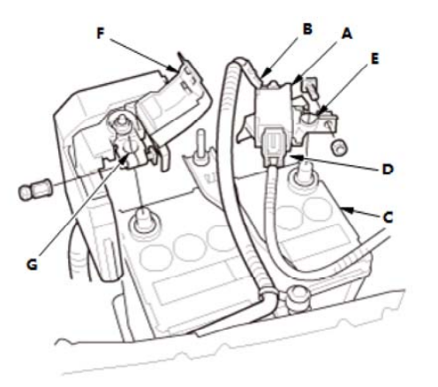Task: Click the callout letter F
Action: click(101, 34)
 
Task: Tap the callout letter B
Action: click(307, 29)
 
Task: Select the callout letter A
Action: click(347, 34)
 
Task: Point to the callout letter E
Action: click(374, 59)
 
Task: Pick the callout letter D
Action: click(388, 170)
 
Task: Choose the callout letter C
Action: click(388, 217)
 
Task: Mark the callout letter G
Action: click(32, 264)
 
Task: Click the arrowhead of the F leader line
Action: click(173, 69)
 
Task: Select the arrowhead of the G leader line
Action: click(125, 158)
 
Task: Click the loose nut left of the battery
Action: click(35, 190)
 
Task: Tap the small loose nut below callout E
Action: click(339, 147)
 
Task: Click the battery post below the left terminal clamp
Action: click(144, 220)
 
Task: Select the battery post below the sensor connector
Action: click(303, 174)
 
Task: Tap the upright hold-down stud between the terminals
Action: click(201, 147)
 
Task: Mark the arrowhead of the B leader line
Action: click(265, 73)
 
